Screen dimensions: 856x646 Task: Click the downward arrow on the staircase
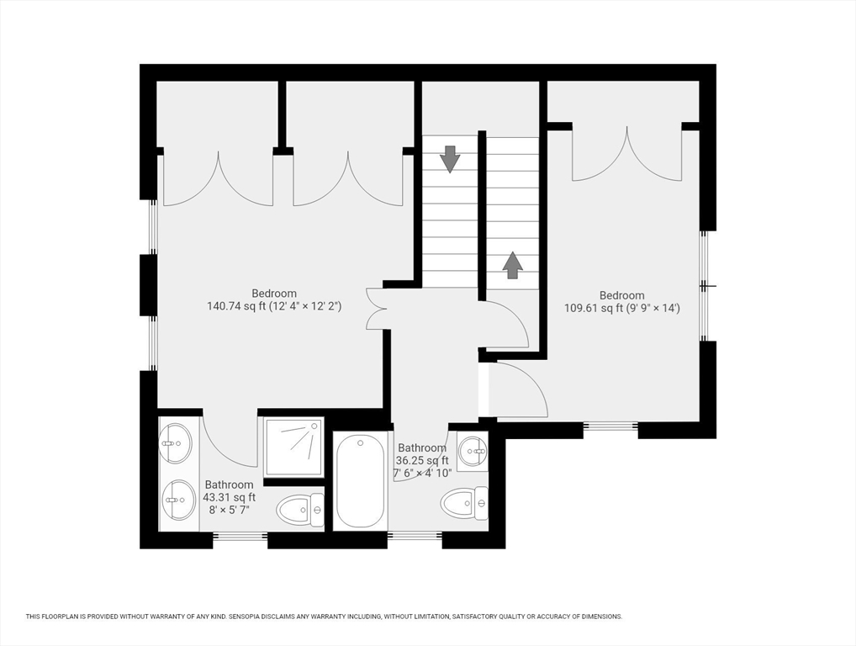point(450,159)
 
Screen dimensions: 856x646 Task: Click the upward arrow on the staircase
point(512,265)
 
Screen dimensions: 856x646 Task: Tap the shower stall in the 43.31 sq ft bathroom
point(293,447)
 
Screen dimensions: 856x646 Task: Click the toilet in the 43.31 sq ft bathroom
point(299,510)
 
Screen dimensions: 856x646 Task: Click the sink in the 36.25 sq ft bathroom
point(473,451)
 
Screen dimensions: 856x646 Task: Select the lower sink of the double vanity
point(179,499)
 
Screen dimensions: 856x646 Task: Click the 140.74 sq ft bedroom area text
point(274,306)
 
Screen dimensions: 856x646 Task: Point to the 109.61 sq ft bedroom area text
point(621,308)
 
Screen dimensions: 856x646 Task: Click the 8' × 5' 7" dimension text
point(230,510)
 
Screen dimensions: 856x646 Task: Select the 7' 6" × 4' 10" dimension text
point(423,473)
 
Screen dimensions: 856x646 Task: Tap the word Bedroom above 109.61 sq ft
point(621,295)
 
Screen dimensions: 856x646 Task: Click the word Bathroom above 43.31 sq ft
point(230,484)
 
